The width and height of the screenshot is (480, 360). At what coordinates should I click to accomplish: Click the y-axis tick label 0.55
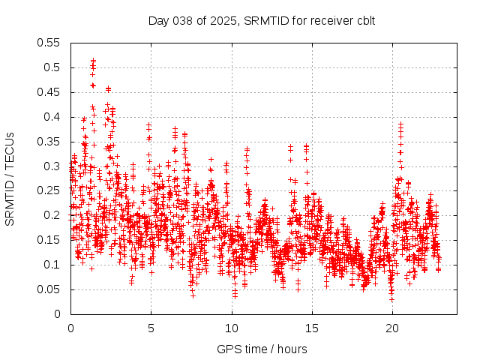[49, 43]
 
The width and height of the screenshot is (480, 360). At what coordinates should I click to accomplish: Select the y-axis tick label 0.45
[49, 92]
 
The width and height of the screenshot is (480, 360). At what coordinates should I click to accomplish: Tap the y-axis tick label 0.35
[49, 142]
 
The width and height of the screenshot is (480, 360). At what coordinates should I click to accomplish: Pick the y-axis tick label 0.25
[49, 190]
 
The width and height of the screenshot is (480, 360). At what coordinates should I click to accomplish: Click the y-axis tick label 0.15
[49, 240]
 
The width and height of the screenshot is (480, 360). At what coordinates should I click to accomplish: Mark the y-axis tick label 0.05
[49, 289]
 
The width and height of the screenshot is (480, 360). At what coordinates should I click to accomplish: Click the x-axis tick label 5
[151, 328]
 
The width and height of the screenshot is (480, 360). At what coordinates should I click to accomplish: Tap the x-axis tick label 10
[231, 328]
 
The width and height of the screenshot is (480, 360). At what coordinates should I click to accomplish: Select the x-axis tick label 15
[311, 328]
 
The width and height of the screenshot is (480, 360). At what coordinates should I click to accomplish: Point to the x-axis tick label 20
[391, 328]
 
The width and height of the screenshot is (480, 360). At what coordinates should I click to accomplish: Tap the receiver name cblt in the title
[364, 20]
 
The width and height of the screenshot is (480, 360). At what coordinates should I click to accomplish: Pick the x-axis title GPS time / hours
[262, 349]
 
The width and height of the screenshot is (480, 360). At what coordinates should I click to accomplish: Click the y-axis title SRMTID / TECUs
[10, 178]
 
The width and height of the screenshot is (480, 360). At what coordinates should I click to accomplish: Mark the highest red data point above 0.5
[93, 60]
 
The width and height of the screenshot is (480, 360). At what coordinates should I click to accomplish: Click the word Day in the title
[158, 20]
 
